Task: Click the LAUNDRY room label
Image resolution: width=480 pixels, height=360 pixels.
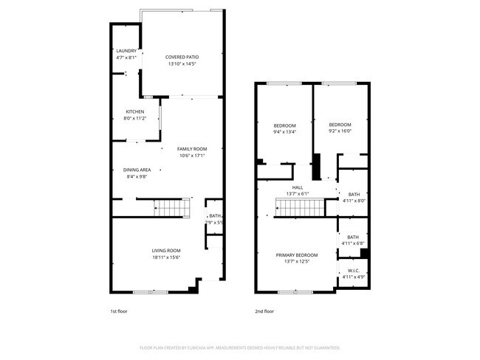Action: [126, 51]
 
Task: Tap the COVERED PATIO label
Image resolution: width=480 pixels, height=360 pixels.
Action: [182, 57]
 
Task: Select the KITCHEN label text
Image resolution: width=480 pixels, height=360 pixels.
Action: [135, 111]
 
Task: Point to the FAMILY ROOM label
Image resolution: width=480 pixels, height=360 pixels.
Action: [192, 149]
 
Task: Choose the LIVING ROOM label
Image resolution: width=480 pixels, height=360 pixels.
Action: [156, 250]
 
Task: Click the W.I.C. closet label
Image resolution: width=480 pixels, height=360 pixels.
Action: [353, 271]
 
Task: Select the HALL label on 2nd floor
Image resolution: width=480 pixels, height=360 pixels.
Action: [298, 187]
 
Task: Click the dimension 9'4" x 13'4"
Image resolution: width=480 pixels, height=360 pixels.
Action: [285, 132]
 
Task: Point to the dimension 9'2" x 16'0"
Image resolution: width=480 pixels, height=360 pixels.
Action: [340, 132]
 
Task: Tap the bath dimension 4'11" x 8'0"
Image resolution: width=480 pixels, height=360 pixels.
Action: [353, 201]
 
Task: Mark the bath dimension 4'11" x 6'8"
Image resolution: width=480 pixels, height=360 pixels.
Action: [353, 243]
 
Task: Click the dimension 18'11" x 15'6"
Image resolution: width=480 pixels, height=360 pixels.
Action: [156, 257]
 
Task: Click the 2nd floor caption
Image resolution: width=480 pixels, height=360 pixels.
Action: [264, 311]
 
